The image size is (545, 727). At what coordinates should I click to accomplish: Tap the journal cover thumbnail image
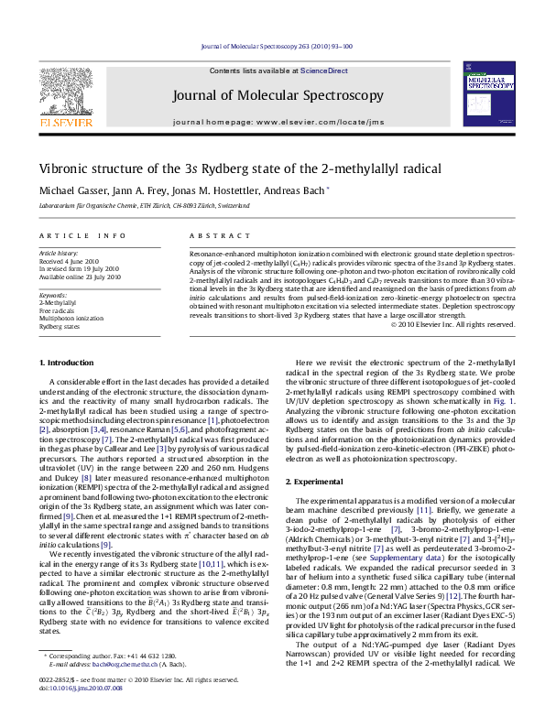(x=486, y=95)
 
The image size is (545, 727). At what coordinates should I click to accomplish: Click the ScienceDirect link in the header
(x=324, y=71)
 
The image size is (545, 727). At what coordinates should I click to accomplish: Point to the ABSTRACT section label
(x=212, y=236)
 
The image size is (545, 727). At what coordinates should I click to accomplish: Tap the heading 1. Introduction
(x=69, y=363)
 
